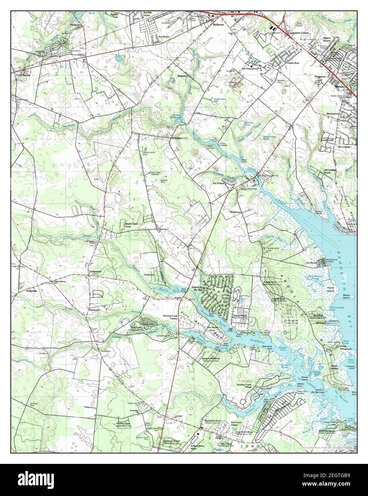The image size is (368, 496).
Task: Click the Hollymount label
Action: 95,272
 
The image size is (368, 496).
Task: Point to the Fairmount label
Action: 94,310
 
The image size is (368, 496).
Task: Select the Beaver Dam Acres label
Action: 131,225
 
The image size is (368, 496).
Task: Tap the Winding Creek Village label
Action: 247,386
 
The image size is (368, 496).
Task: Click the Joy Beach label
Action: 311,263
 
